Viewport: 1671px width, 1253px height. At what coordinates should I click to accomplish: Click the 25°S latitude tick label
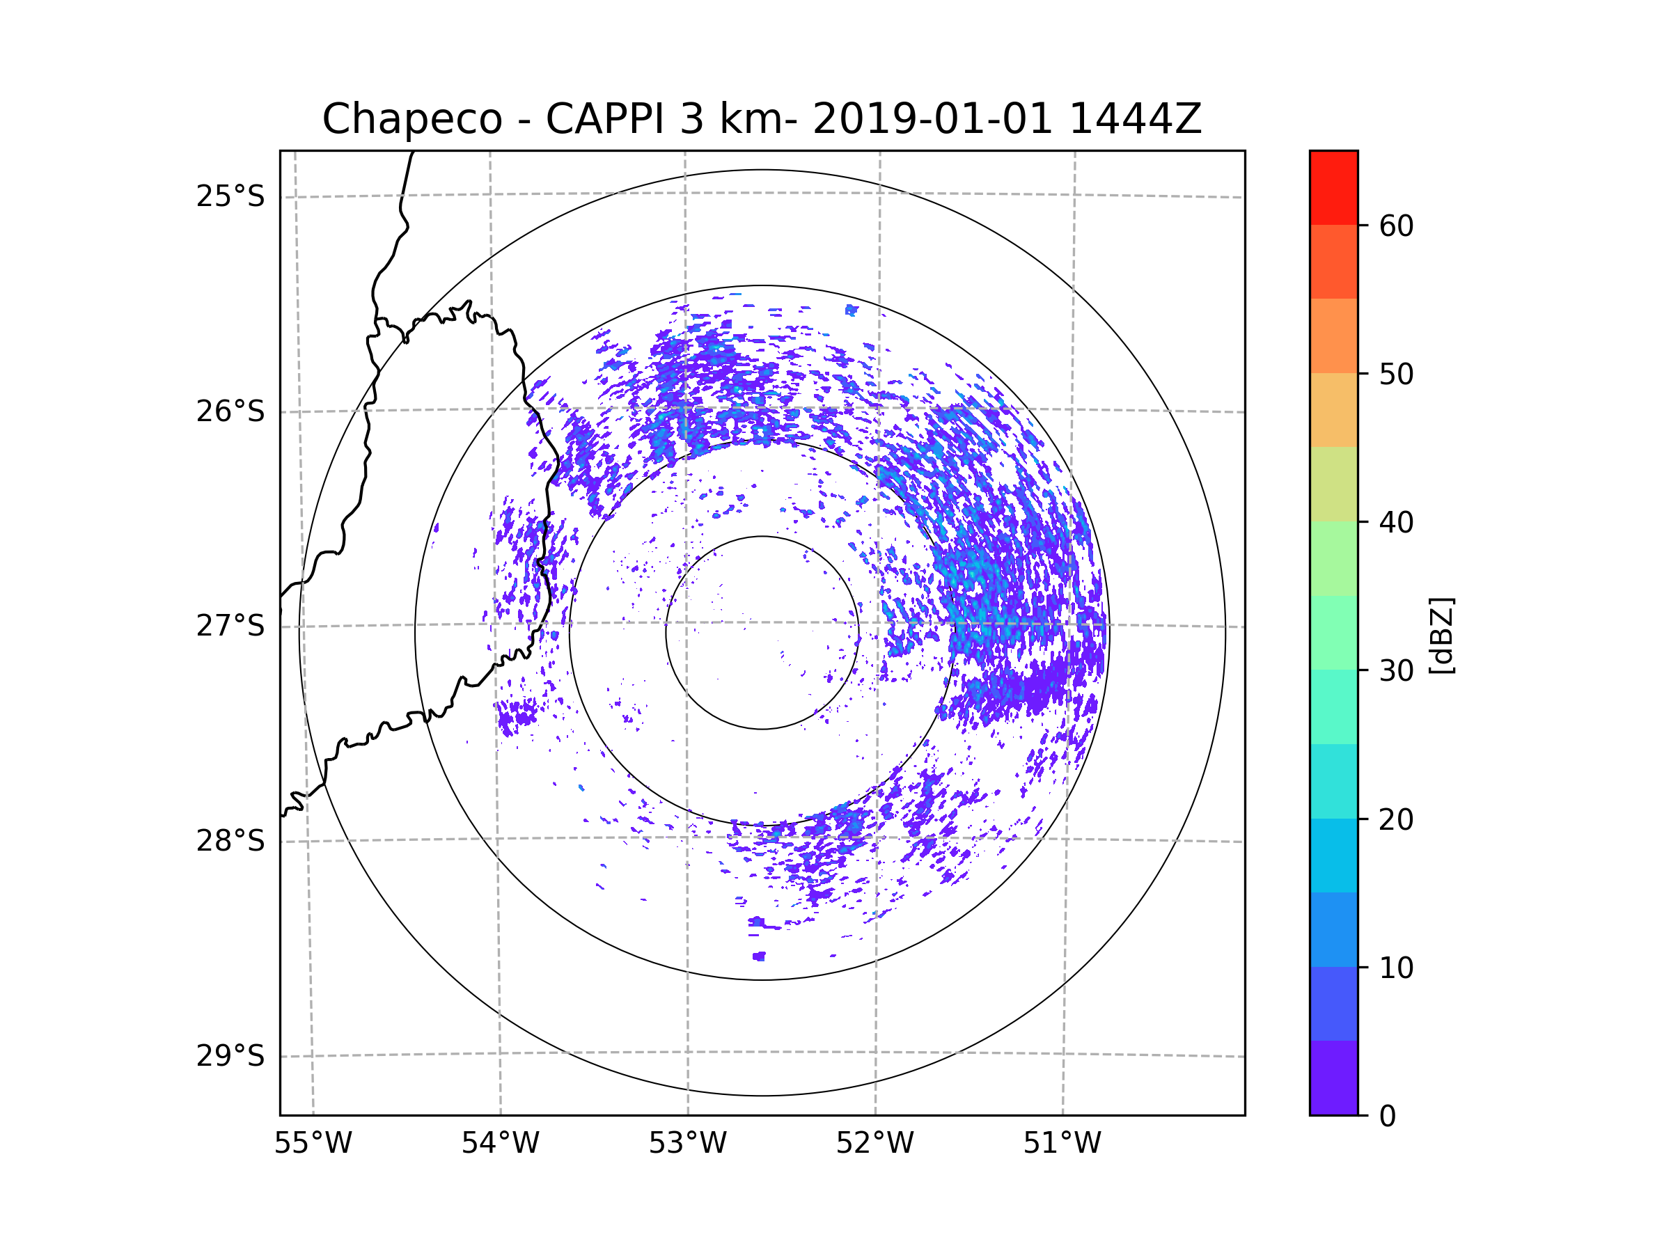[230, 196]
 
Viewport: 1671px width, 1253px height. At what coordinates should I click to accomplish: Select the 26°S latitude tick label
[230, 411]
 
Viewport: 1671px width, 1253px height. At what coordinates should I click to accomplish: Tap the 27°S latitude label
[230, 626]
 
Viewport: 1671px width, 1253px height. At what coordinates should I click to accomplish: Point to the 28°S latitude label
[230, 841]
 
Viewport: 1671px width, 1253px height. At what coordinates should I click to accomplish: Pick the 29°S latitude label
[230, 1056]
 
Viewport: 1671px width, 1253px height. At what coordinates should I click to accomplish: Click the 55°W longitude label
[313, 1144]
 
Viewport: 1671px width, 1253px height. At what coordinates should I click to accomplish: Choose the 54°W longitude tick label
[500, 1144]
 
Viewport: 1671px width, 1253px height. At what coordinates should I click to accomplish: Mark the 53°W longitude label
[687, 1144]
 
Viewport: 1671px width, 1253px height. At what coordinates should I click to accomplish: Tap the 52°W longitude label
[874, 1144]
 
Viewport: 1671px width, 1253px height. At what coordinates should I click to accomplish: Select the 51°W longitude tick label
[1062, 1144]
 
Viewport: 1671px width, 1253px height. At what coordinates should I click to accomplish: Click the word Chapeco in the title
[411, 119]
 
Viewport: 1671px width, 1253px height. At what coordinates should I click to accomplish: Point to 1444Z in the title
[1135, 119]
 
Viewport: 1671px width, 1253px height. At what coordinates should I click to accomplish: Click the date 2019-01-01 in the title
[932, 119]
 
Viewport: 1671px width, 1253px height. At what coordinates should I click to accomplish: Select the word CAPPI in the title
[604, 119]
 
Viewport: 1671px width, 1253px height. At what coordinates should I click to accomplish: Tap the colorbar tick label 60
[1396, 226]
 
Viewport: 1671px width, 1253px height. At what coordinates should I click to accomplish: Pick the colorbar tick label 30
[1396, 670]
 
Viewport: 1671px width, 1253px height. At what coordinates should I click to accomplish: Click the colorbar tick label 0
[1388, 1117]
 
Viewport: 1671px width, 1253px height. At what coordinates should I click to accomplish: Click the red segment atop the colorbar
[1333, 187]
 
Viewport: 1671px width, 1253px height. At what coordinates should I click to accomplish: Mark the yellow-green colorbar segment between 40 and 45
[1333, 484]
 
